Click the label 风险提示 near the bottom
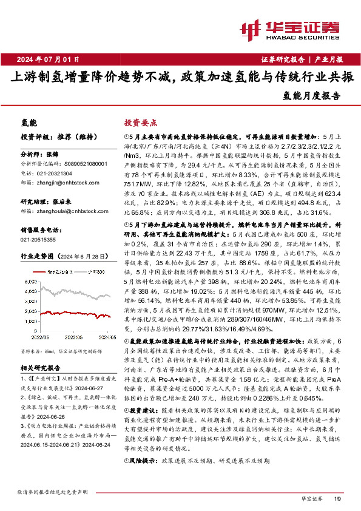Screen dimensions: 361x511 143,478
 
